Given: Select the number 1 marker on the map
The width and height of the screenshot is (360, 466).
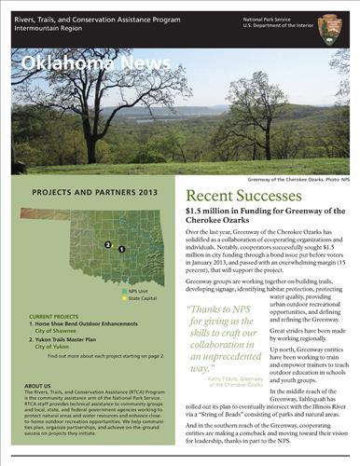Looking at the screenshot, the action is (121, 251).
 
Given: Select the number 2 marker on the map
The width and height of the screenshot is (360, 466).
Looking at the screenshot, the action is (109, 246).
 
